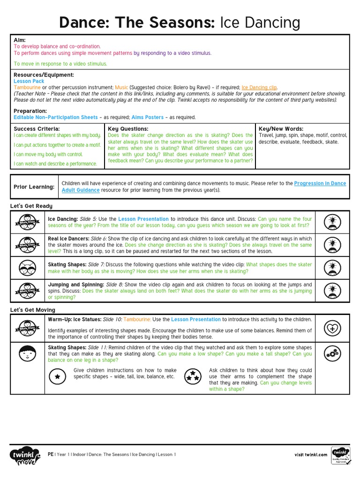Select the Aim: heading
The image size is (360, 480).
20,40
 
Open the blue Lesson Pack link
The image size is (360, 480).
29,81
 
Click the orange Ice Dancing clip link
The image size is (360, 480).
259,87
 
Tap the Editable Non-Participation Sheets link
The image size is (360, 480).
56,117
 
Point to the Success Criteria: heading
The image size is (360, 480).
37,129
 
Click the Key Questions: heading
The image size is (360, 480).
128,129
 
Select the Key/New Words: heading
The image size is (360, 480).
281,129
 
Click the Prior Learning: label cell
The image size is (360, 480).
34,187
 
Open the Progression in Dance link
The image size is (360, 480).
320,184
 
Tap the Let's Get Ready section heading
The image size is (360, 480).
31,206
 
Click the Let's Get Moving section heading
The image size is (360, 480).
33,310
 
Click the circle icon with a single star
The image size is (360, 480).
57,376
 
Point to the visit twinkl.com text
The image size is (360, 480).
311,454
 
